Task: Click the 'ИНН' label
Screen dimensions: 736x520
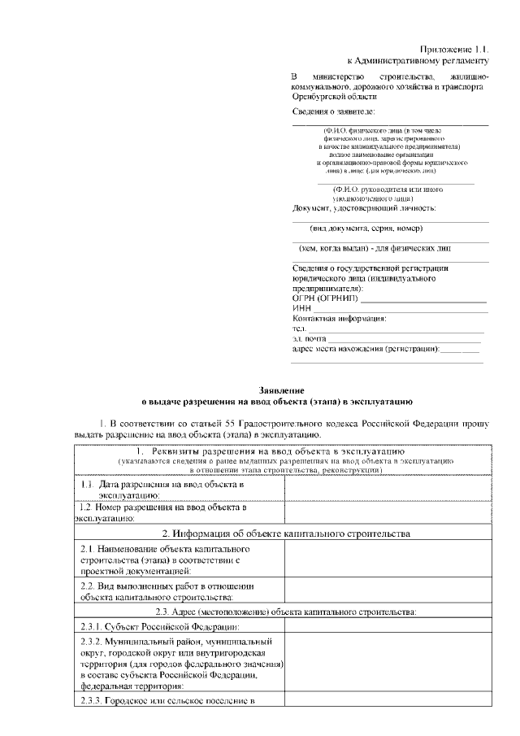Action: [301, 309]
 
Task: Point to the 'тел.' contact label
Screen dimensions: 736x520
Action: [298, 329]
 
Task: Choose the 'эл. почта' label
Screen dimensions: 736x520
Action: [308, 339]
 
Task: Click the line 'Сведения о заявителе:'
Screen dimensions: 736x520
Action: [334, 110]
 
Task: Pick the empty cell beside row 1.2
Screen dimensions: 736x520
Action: [386, 512]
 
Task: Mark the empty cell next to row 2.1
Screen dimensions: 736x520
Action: [386, 560]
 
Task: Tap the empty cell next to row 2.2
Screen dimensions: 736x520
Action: [386, 591]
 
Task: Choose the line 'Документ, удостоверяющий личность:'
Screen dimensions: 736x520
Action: [363, 209]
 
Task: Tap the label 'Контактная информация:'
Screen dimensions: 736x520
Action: [339, 319]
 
